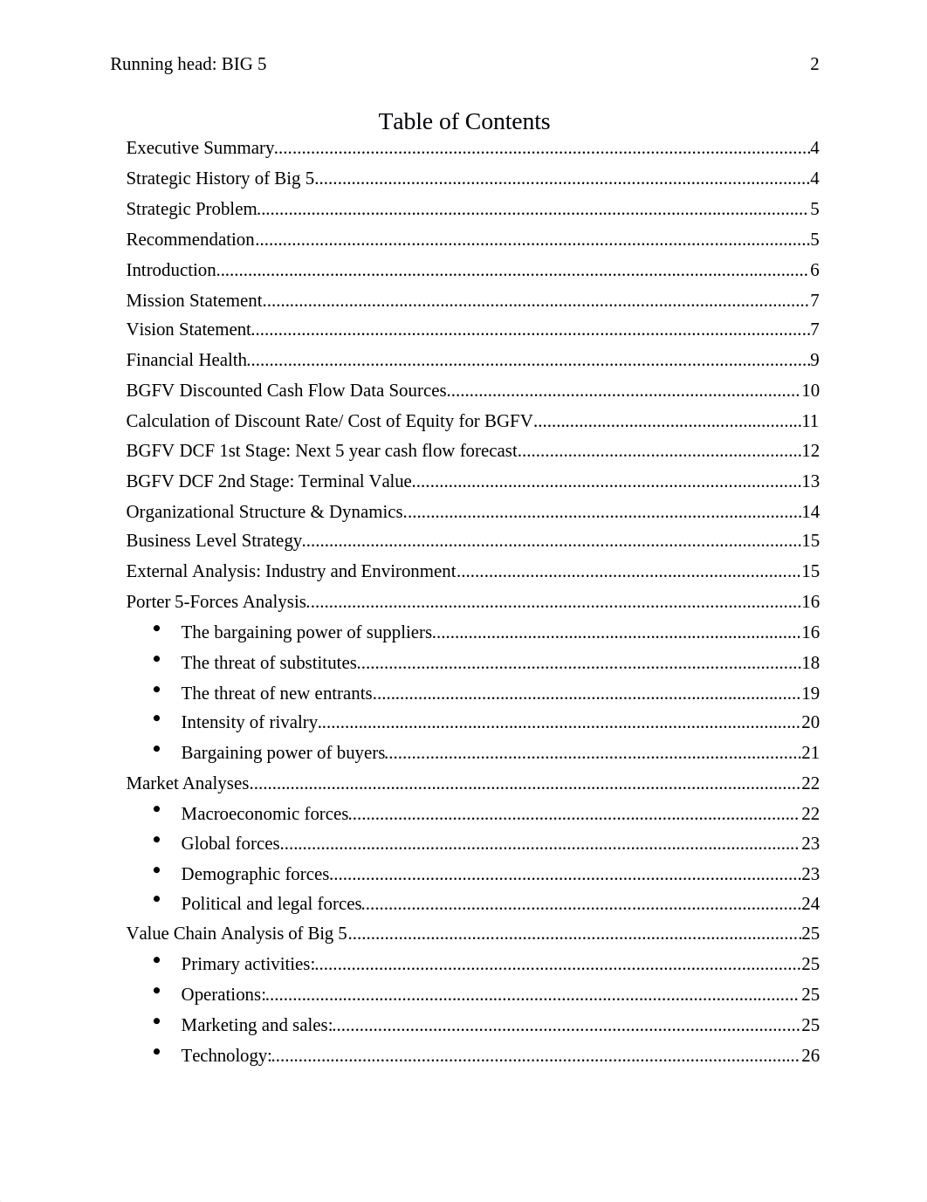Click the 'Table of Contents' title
463,121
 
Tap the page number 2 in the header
814,64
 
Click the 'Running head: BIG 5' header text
188,64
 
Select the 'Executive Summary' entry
200,148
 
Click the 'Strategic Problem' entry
191,209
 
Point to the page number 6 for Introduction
814,271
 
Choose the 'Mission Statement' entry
194,301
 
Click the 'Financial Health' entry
186,361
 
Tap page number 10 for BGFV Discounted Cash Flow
810,391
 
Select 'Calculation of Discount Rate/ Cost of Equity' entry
329,422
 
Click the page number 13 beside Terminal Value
810,482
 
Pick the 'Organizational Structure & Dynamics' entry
264,512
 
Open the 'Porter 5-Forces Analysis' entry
216,602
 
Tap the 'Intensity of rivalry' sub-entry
249,723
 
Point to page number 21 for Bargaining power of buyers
810,753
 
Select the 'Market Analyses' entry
188,784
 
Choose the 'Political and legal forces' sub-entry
271,904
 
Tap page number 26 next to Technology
810,1056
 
